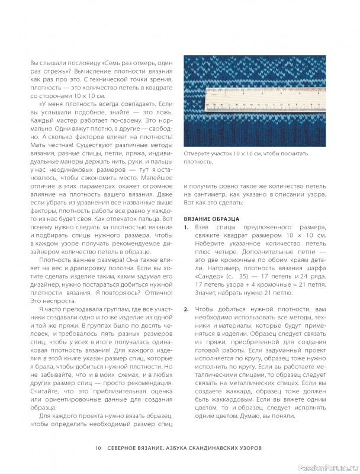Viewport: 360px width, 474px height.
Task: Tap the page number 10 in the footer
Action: (97, 447)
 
